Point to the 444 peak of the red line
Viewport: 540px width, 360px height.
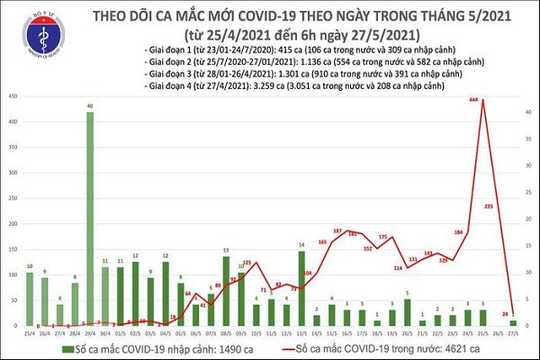point(485,99)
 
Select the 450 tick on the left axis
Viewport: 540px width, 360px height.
point(12,96)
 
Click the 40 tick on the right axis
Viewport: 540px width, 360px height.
point(529,112)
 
